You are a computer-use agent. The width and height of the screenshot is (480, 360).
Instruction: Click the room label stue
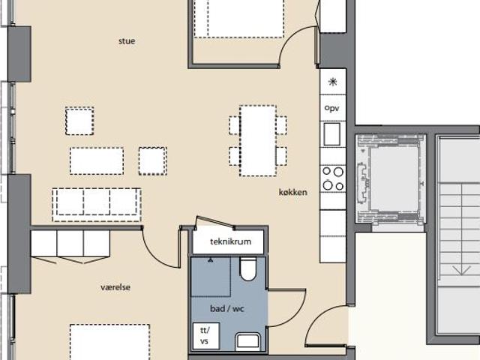127,41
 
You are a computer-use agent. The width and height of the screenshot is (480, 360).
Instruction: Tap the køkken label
293,192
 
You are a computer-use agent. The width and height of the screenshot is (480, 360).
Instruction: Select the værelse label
115,287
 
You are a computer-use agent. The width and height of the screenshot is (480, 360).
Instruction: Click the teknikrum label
230,241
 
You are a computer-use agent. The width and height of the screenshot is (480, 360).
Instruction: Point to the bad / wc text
227,308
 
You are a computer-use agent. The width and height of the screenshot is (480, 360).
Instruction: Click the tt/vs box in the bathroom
206,336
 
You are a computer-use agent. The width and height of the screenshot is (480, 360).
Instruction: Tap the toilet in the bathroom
248,268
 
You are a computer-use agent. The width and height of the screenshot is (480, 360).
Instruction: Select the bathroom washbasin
248,341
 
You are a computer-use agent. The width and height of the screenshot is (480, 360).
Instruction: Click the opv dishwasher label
331,108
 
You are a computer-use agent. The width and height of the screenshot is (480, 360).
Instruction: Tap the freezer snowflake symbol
333,82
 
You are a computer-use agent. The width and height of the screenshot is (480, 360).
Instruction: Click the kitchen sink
331,134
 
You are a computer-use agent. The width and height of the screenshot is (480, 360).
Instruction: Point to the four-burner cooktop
333,178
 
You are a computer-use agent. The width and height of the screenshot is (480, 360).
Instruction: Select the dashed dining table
258,141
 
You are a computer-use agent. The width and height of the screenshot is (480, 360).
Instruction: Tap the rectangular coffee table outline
97,161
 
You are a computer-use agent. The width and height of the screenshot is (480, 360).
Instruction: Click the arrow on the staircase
461,270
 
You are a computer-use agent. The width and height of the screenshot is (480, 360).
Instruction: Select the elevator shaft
391,178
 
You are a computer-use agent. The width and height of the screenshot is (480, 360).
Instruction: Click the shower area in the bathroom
211,277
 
